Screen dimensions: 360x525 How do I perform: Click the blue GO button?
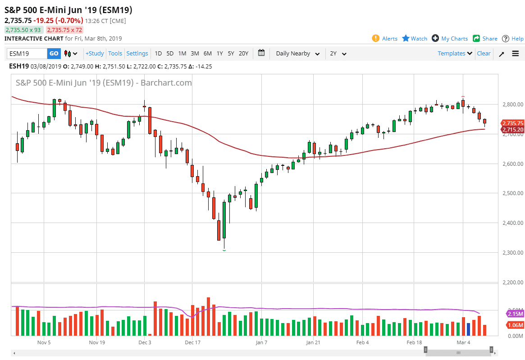click(54, 54)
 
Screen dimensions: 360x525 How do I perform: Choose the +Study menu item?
click(95, 54)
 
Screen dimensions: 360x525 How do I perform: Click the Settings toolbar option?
click(137, 54)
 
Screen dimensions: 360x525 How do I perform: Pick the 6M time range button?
click(207, 54)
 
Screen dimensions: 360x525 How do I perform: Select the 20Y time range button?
click(243, 54)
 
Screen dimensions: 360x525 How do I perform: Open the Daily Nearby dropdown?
click(297, 54)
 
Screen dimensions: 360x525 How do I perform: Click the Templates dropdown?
click(455, 54)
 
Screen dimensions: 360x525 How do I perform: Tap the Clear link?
click(484, 54)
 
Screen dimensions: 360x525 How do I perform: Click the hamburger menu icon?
click(516, 54)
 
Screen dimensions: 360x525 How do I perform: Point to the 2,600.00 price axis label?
click(513, 164)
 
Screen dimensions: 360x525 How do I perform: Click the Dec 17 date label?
click(192, 342)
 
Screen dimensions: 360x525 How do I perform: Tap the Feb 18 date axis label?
click(414, 342)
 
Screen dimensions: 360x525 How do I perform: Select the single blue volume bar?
click(468, 329)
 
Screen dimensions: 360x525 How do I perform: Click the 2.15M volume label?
click(515, 314)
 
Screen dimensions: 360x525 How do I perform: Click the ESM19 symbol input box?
click(27, 54)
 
